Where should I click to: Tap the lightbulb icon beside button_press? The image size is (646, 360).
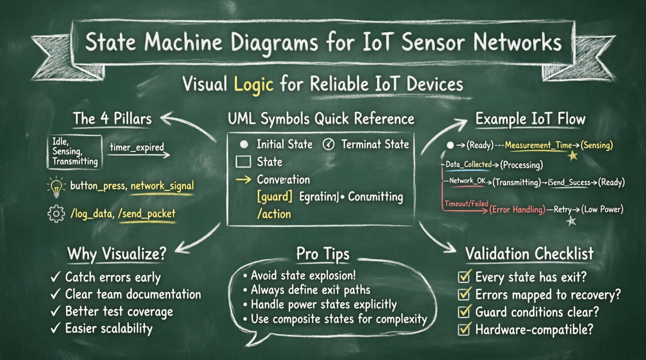57,187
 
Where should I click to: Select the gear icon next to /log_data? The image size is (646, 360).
56,214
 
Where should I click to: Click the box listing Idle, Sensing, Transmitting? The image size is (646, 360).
75,152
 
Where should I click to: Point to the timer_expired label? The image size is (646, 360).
137,147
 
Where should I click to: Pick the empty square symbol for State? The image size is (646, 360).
243,162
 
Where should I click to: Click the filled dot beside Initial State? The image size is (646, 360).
244,144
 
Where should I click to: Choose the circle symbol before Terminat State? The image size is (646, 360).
328,144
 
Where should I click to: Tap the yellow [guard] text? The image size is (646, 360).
274,196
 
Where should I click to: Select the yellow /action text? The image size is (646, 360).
274,214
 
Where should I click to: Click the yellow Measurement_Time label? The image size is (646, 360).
538,145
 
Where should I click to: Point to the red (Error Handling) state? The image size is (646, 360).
517,210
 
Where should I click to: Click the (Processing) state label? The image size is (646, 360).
521,165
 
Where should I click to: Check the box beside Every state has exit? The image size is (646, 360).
464,277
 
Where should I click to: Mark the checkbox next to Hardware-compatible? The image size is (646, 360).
464,329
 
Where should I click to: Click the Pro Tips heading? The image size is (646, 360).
323,254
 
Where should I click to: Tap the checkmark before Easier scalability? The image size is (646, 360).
56,328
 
